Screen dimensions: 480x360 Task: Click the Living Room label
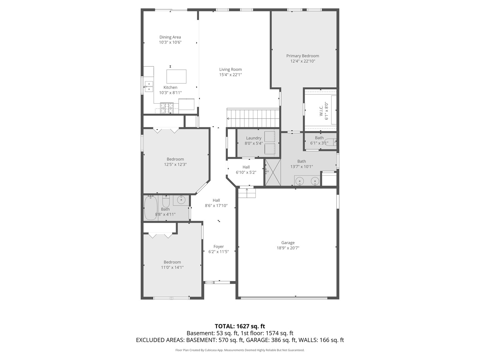(x=230, y=70)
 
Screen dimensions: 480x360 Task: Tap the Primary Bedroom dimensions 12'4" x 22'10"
(x=303, y=61)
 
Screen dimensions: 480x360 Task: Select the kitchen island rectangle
(x=176, y=77)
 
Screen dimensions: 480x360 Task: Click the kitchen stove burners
(x=167, y=108)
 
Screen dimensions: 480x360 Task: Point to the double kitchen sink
(x=149, y=86)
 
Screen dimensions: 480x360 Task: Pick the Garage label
(x=288, y=243)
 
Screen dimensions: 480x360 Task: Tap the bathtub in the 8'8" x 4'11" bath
(x=151, y=208)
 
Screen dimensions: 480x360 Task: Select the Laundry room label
(x=254, y=138)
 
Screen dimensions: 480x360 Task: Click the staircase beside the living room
(x=253, y=118)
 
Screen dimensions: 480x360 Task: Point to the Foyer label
(x=219, y=247)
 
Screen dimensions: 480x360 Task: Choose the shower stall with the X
(x=273, y=172)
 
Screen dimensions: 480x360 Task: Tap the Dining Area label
(x=170, y=37)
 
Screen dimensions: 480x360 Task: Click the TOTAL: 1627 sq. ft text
(x=240, y=326)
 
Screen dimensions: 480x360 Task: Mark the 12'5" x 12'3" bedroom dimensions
(x=175, y=165)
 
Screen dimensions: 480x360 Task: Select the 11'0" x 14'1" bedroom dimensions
(x=172, y=267)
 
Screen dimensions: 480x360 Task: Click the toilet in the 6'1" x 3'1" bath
(x=330, y=142)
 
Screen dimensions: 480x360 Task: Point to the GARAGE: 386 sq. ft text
(x=271, y=340)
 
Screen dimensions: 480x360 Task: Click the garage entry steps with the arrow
(x=247, y=193)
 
